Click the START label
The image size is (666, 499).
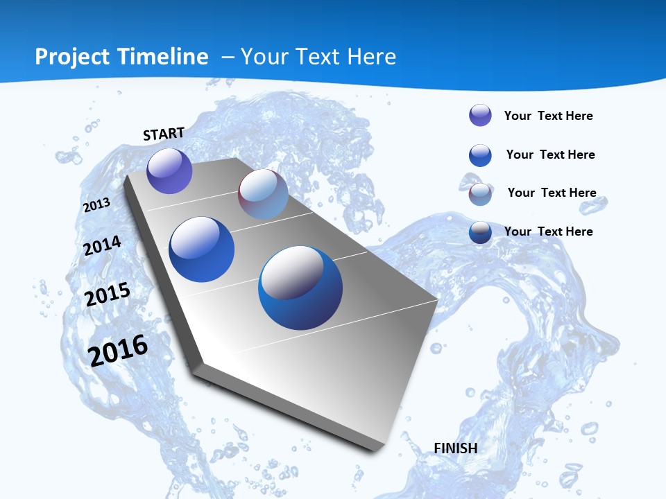pos(164,134)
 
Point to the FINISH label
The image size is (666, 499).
pos(456,448)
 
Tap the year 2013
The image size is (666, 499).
pos(96,205)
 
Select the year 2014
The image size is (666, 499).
pos(102,246)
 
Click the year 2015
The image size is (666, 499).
pos(108,295)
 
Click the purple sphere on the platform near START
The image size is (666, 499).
pos(169,170)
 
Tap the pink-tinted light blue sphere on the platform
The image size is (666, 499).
pos(263,194)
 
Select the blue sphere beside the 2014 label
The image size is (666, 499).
pos(202,249)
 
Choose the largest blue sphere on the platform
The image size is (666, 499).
pos(300,288)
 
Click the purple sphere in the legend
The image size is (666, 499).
pos(480,115)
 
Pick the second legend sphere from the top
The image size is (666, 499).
pos(480,155)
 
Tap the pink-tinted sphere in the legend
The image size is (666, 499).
pos(480,194)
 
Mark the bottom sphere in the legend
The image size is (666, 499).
pos(480,232)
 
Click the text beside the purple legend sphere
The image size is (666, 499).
pos(548,116)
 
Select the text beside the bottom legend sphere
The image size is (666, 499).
pos(548,231)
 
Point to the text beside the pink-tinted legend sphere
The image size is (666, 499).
pos(552,193)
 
